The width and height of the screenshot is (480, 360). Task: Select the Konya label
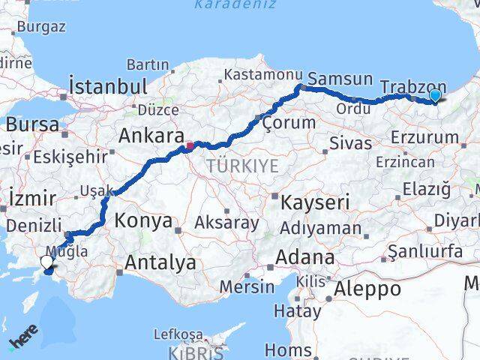(144, 221)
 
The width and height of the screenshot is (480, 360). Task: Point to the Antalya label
(160, 262)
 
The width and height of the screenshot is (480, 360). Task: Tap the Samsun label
(340, 79)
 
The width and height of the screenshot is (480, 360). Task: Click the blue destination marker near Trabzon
(435, 95)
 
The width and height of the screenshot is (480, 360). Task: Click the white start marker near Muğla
(47, 262)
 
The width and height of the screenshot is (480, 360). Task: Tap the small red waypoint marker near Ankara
(190, 145)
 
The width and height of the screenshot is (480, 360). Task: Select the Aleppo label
(368, 289)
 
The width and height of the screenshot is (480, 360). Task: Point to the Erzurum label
(424, 137)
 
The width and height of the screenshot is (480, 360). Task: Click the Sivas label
(350, 142)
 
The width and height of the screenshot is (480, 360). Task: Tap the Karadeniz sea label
(235, 5)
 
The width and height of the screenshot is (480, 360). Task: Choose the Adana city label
(304, 256)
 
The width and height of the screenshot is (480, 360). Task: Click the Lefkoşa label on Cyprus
(178, 334)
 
